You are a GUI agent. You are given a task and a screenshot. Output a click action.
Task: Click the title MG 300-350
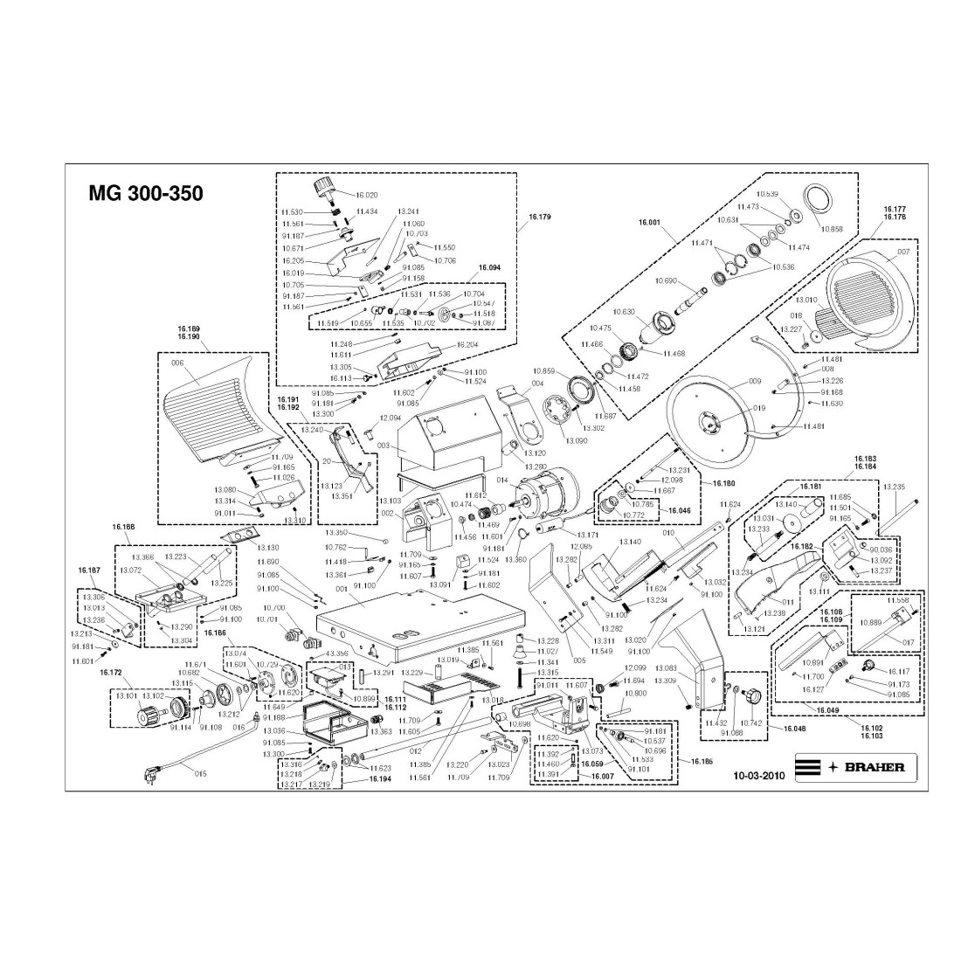[x=146, y=193]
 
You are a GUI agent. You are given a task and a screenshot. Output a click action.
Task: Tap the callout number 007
[x=903, y=252]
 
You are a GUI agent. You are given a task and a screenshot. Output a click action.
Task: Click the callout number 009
[x=755, y=382]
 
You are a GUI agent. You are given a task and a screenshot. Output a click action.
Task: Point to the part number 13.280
[x=536, y=468]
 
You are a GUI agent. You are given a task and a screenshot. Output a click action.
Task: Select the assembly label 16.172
[x=110, y=673]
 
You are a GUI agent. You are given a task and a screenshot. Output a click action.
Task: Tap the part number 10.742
[x=750, y=724]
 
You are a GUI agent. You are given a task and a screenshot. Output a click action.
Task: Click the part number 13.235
[x=894, y=487]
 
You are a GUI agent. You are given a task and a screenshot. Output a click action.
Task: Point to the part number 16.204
[x=468, y=345]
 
